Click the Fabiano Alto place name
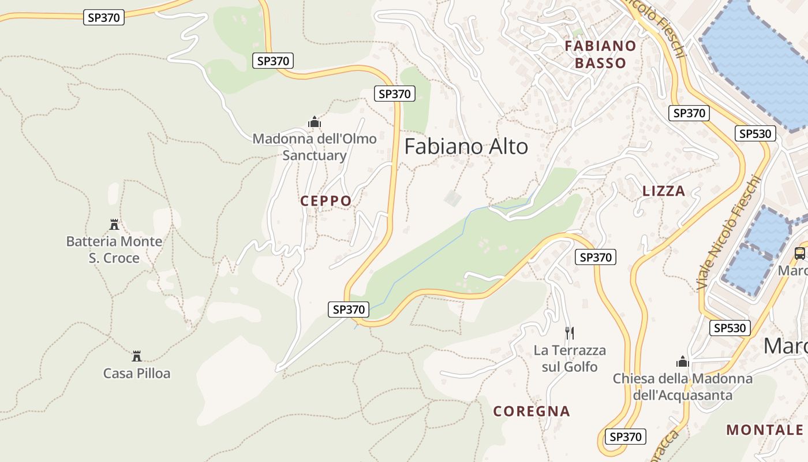[466, 147]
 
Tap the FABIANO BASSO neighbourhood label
[600, 54]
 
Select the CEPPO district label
[326, 201]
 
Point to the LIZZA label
[664, 191]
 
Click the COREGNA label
[532, 411]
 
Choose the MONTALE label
[765, 430]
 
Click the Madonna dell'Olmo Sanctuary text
[315, 147]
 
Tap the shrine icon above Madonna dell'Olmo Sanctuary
[315, 122]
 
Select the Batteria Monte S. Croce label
[114, 249]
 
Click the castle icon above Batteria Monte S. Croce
[114, 224]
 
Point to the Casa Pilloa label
[137, 374]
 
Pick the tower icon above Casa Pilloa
[137, 356]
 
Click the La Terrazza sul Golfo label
[570, 358]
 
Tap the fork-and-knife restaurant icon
[570, 333]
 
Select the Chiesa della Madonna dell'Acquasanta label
[683, 387]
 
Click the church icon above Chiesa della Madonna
[683, 362]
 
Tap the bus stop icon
[800, 253]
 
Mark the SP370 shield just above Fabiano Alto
[395, 94]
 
